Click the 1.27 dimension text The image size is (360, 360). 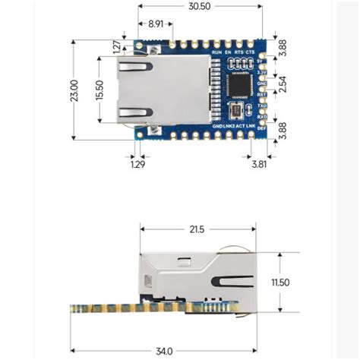(x=116, y=47)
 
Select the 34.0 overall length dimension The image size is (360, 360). (x=163, y=351)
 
